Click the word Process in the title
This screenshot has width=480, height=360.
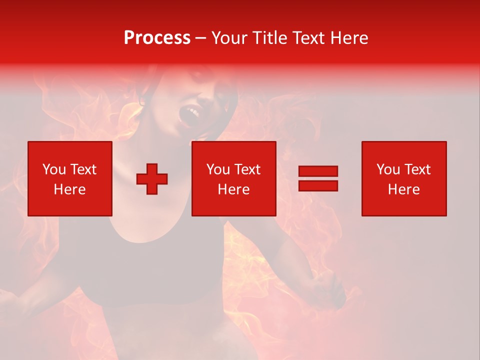point(157,38)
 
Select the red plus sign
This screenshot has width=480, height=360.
point(152,179)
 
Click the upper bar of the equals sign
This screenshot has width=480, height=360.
point(318,171)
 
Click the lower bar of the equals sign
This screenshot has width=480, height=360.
point(318,185)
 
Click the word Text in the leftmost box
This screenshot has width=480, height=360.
point(83,169)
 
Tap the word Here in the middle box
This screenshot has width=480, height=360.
point(233,189)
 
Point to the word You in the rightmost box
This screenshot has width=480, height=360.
point(388,169)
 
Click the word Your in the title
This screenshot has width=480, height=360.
point(229,38)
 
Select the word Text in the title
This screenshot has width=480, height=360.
point(308,38)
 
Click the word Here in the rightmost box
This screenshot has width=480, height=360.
point(404,189)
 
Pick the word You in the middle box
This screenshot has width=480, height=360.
point(218,169)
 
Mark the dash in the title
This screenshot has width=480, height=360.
point(200,38)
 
